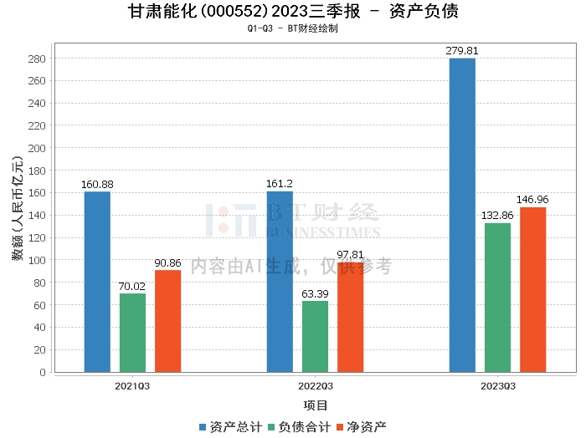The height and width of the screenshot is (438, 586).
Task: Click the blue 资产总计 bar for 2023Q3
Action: click(462, 216)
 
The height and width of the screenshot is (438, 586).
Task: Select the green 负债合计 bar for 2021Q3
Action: click(132, 333)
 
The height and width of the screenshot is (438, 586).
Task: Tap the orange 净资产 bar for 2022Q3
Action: click(350, 317)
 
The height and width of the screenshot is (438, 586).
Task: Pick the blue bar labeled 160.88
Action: click(97, 282)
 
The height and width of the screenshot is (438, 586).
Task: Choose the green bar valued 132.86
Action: click(497, 298)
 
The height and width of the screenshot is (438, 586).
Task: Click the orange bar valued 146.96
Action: click(532, 289)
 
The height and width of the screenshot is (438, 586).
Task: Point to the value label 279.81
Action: click(462, 51)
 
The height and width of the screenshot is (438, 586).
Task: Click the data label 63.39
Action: click(315, 294)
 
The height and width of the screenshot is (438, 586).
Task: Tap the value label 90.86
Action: click(167, 263)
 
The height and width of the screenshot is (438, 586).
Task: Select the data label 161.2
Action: click(280, 184)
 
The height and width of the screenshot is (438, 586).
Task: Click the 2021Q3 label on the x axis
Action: click(132, 386)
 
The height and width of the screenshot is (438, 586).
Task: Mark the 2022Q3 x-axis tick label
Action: click(315, 386)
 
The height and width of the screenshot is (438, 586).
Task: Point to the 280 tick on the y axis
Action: click(38, 59)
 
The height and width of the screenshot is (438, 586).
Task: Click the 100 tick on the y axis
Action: click(38, 260)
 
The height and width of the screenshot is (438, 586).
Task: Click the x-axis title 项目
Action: click(316, 406)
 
